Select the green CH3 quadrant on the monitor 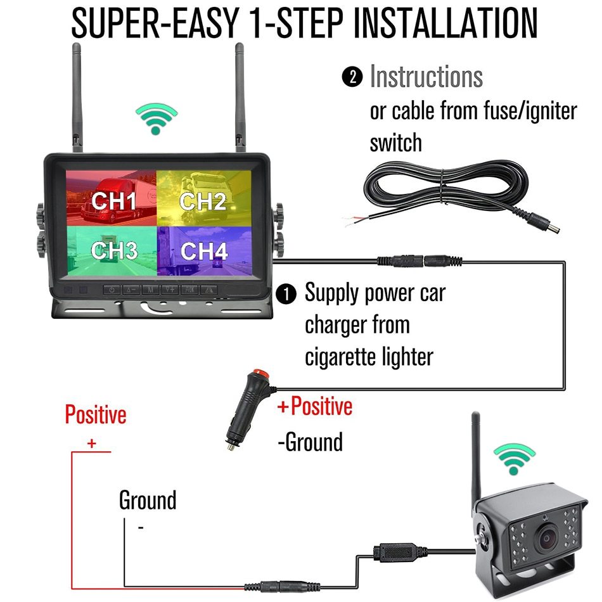pos(111,250)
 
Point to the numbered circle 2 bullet pos(353,77)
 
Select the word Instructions pos(426,77)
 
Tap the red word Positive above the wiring pos(96,415)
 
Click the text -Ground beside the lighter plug pos(311,442)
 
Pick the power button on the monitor pos(112,290)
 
